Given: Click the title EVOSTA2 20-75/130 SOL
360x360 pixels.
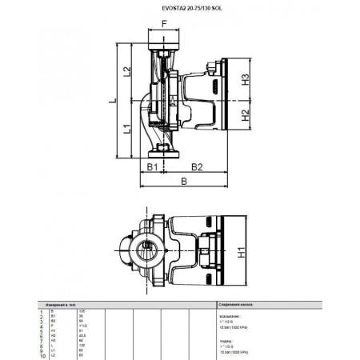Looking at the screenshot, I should point(179,9).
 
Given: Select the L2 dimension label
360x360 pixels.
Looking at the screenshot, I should point(126,71).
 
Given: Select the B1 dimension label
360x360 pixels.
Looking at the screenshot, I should point(150,166).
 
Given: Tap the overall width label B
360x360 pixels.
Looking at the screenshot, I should point(184,182).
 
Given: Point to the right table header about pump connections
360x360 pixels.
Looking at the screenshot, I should point(237,304).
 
